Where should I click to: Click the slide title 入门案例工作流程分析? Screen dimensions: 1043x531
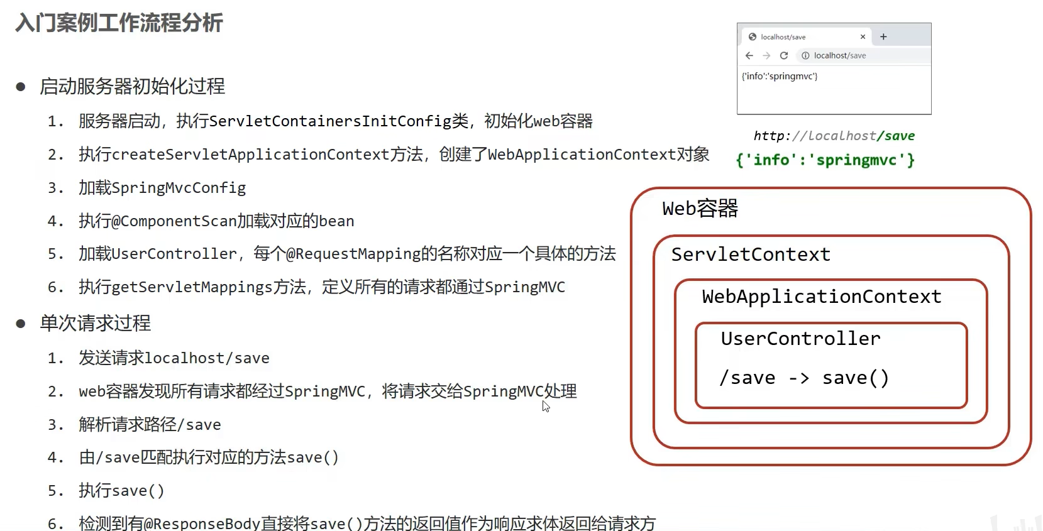(119, 23)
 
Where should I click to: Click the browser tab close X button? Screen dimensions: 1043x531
(863, 37)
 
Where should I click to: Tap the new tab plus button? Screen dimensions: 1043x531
(883, 37)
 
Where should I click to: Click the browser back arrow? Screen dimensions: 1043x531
(749, 56)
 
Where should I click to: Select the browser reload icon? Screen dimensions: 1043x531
(784, 56)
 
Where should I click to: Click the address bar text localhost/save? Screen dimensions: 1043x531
(840, 55)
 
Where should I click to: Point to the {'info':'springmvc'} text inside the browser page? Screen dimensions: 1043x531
(780, 76)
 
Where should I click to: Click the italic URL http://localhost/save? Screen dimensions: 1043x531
(834, 136)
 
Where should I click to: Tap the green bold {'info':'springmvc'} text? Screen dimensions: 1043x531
(825, 160)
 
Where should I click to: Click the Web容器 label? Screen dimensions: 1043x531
(700, 209)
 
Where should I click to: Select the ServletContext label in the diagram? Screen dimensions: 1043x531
(751, 255)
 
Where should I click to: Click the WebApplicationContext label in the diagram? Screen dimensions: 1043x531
(822, 297)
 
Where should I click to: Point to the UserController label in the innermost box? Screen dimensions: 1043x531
(801, 339)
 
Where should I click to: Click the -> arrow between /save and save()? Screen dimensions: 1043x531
(799, 378)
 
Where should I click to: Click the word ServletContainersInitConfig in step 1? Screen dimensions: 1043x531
(330, 121)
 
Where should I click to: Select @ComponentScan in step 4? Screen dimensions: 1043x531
(174, 221)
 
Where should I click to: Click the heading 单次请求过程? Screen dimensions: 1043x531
(96, 323)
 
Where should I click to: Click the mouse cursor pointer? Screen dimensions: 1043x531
(545, 406)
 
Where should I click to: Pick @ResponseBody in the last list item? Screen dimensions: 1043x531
(202, 523)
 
